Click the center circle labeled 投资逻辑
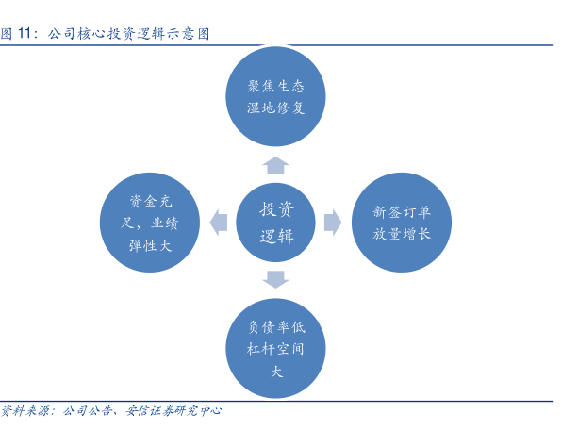(276, 222)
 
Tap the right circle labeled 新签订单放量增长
(402, 223)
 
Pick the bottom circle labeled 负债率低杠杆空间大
(276, 348)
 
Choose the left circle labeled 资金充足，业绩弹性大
(151, 223)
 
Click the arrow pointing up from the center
(276, 166)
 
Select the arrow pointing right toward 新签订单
(332, 223)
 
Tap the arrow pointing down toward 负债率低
(276, 278)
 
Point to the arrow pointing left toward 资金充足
(220, 223)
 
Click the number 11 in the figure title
(27, 34)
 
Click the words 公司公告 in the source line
(88, 411)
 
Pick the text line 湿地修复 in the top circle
(276, 107)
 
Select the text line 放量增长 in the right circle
(402, 234)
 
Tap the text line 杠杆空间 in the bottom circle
(276, 349)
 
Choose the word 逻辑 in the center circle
(276, 236)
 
